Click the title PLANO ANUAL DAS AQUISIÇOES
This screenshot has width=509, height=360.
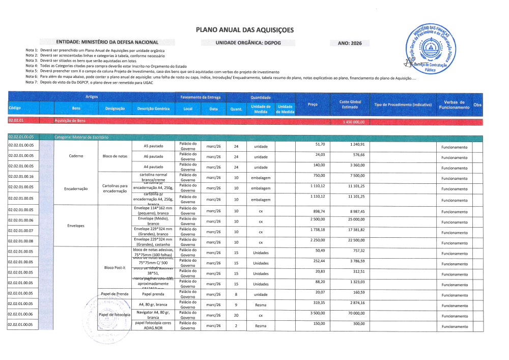click(x=245, y=30)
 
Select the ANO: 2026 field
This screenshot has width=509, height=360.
click(x=350, y=43)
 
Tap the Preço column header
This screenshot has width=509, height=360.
click(x=313, y=104)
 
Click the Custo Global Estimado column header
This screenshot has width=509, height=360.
click(x=350, y=104)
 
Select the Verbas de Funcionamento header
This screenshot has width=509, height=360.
click(x=454, y=105)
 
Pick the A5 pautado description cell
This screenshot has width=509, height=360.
click(x=154, y=146)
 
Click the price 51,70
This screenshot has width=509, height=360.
click(x=320, y=145)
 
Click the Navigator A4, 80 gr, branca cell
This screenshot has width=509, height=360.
click(x=154, y=314)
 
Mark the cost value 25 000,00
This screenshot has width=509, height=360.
click(x=355, y=219)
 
